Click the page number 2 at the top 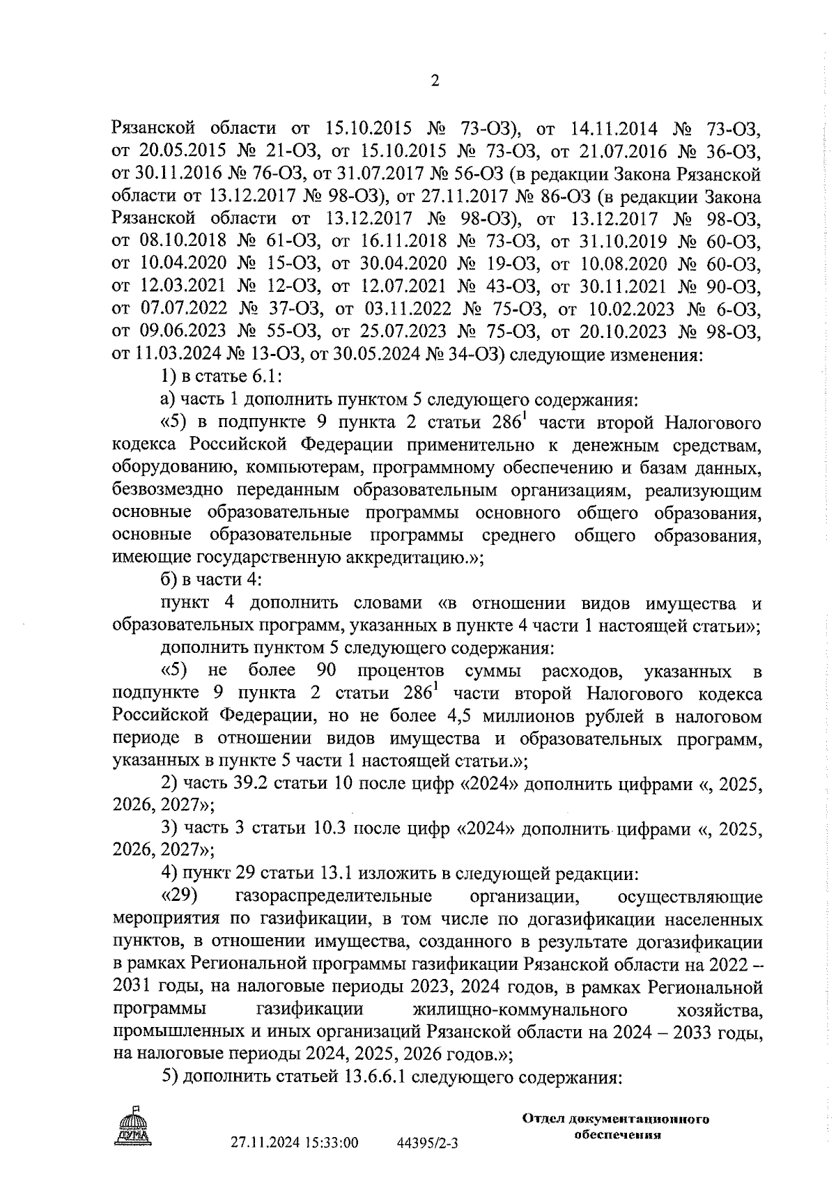[435, 82]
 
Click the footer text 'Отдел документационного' [615, 1120]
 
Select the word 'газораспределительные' [334, 896]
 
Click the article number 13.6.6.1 [375, 1077]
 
